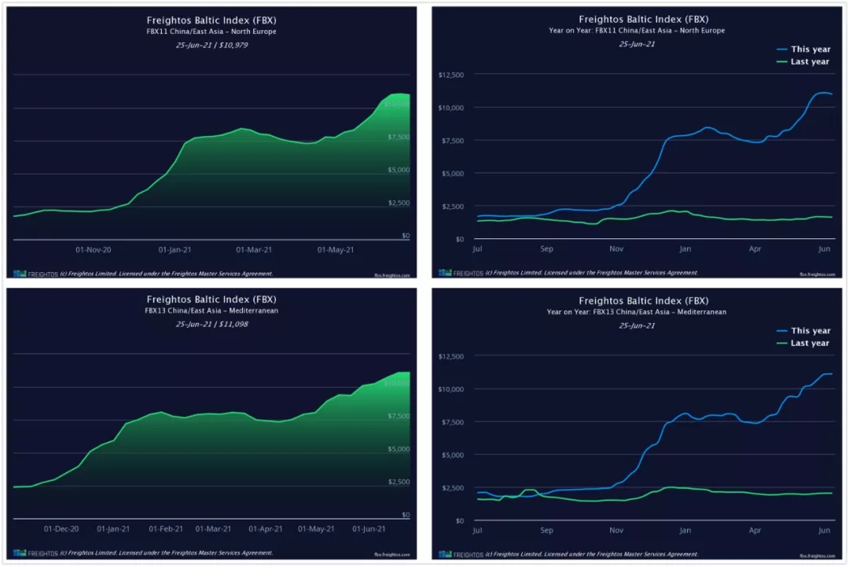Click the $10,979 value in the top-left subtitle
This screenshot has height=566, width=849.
click(233, 45)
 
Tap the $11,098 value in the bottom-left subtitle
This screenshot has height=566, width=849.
click(233, 324)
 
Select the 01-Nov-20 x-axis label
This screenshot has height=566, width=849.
click(94, 250)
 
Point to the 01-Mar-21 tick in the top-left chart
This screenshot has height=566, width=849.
click(255, 250)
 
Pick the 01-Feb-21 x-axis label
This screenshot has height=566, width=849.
click(166, 529)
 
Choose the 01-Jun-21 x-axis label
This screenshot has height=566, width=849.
click(369, 529)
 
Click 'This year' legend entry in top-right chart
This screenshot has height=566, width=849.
click(810, 49)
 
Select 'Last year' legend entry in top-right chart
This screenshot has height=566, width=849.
click(810, 61)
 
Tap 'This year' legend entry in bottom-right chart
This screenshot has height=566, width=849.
click(810, 331)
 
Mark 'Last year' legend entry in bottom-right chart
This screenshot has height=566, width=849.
click(810, 344)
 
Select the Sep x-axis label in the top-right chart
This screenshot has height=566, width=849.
click(547, 249)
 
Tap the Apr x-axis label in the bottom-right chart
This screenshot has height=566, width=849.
click(755, 531)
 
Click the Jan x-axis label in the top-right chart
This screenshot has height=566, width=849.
click(685, 249)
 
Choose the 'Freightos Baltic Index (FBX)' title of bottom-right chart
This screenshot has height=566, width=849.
click(643, 301)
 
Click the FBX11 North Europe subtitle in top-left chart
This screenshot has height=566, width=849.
click(211, 31)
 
